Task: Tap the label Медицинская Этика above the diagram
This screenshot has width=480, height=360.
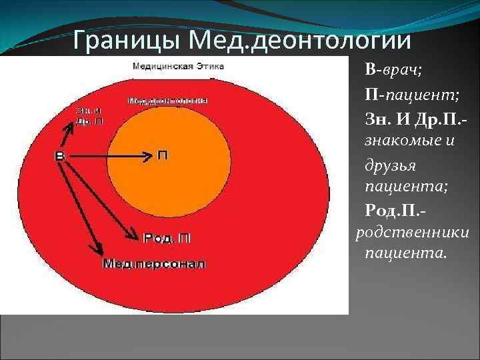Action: pos(178,66)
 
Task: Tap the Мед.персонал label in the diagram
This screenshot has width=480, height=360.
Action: pos(154,263)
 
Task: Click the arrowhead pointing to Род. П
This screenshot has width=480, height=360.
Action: pos(133,234)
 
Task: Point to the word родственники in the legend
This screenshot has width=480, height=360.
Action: pos(412,232)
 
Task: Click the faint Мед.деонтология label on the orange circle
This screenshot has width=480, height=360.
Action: pos(167,101)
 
